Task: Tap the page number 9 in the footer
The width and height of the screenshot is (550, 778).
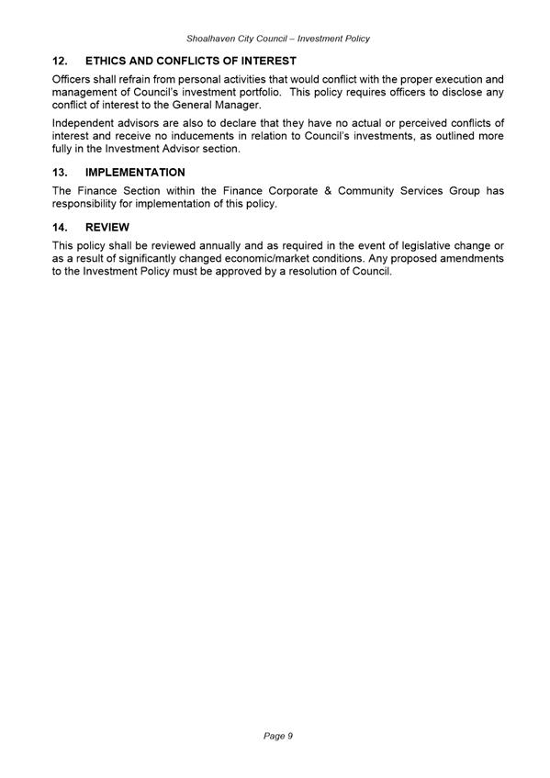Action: point(289,736)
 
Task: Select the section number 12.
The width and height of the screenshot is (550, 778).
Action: point(61,61)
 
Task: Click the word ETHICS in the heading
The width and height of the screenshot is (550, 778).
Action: point(108,61)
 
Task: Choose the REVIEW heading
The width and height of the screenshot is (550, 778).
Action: point(107,227)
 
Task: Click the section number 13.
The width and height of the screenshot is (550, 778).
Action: point(61,173)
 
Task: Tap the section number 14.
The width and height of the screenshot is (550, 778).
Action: point(61,227)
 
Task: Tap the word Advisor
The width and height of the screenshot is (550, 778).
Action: point(186,149)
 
